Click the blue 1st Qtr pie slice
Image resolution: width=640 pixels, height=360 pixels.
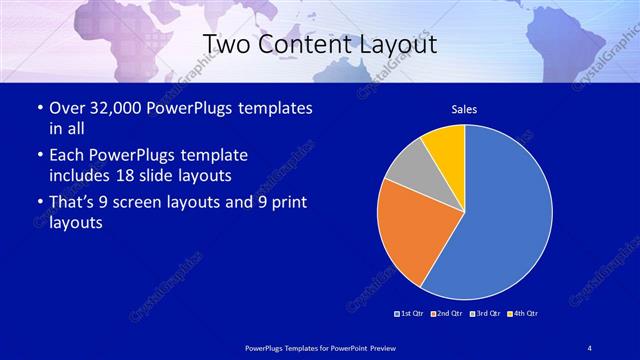(505, 215)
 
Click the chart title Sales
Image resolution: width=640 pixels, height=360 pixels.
(464, 109)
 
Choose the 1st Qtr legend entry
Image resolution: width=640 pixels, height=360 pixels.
(410, 314)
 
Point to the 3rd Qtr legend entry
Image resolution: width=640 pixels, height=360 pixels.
(485, 314)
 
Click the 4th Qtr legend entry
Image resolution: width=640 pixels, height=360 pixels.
(523, 314)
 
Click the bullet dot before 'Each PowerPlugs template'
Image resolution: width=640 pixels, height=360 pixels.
(38, 157)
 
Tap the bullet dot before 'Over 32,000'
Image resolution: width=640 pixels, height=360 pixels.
(38, 109)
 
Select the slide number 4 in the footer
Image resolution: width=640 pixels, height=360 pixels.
(590, 347)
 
